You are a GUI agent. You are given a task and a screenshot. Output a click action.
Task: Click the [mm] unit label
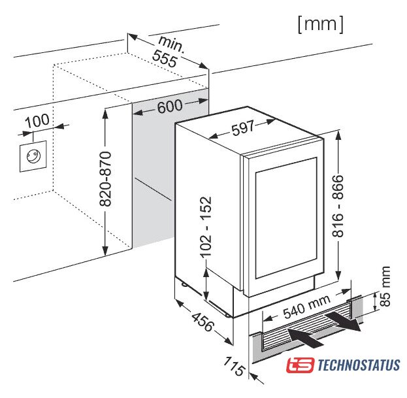tap(321, 24)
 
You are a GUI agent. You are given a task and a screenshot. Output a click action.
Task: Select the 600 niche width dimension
tap(170, 106)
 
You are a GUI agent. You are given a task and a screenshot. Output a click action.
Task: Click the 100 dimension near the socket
tap(38, 120)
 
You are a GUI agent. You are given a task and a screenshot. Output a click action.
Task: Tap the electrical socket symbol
tap(33, 156)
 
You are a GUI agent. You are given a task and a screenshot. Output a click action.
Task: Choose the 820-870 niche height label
tap(105, 179)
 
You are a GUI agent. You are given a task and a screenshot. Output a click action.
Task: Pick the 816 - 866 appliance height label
tap(338, 206)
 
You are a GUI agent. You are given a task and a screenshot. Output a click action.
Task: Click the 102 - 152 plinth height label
tap(206, 227)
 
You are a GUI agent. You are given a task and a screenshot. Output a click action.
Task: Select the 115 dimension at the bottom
tap(234, 366)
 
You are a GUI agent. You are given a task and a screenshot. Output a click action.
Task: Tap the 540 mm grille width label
tap(306, 307)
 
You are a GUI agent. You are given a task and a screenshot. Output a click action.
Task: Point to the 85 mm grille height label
tap(385, 286)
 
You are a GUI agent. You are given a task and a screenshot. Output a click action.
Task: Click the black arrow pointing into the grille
tap(305, 337)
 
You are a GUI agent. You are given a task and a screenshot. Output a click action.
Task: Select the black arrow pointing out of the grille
tap(343, 322)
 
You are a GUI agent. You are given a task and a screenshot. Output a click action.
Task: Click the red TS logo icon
tap(301, 365)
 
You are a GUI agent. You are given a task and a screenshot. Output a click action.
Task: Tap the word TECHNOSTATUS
tap(359, 365)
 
